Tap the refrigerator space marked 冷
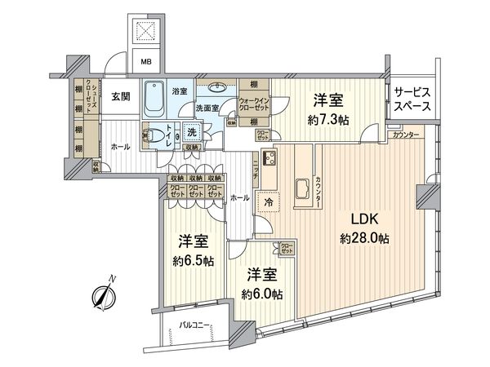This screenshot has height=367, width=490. [x=267, y=201]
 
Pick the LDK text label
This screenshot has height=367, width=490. [x=365, y=220]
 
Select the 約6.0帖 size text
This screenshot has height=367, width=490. [x=261, y=294]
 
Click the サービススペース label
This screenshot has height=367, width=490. [x=412, y=99]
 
